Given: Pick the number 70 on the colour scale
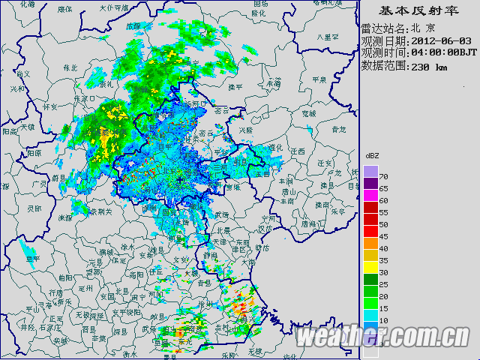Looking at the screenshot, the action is (x=383, y=175).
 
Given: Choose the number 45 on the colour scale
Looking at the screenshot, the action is (x=383, y=237).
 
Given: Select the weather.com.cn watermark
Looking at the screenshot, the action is (x=382, y=337).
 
